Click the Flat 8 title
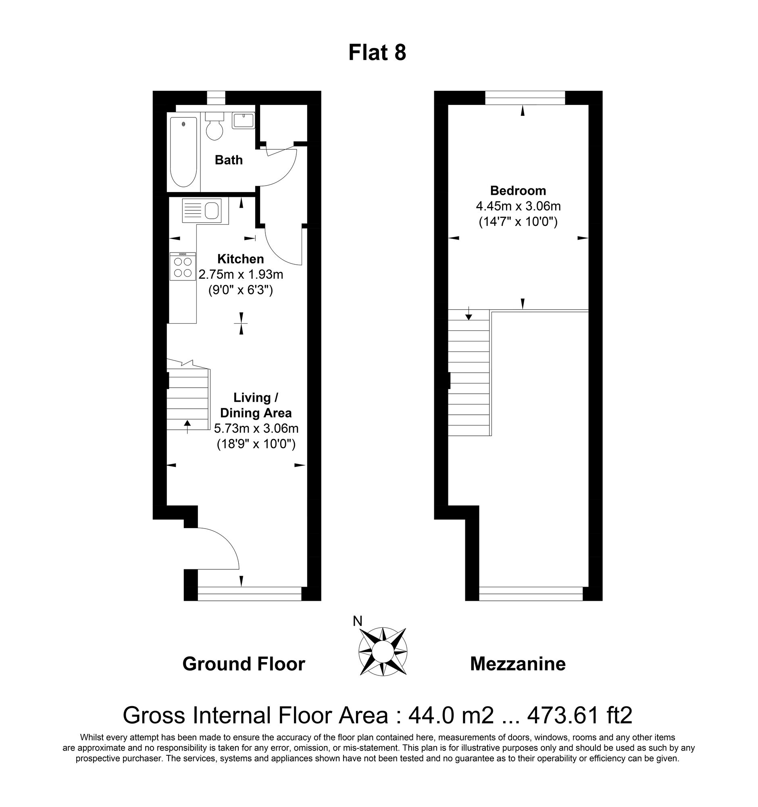[x=377, y=53]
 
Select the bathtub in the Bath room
[x=184, y=151]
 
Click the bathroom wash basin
[x=244, y=121]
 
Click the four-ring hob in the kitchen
[x=183, y=267]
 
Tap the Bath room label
[x=229, y=160]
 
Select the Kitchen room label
[x=240, y=259]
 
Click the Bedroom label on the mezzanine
[x=518, y=190]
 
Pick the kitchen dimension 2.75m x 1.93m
[x=240, y=275]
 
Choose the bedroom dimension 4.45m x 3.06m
[x=518, y=206]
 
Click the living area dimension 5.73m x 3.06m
[x=256, y=428]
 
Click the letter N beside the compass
[x=357, y=621]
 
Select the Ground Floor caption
[x=244, y=665]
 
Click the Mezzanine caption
[x=518, y=665]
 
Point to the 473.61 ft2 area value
[x=579, y=716]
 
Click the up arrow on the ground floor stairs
[x=187, y=426]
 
